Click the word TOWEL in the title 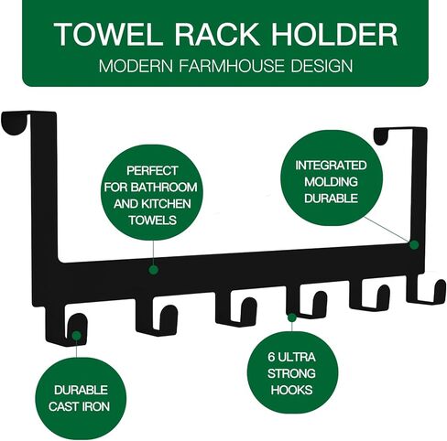click(x=108, y=34)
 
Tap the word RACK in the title click(x=217, y=34)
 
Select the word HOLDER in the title click(x=334, y=34)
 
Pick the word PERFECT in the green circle click(x=152, y=170)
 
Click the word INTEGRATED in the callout click(x=331, y=166)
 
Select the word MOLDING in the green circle click(x=331, y=182)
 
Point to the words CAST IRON click(x=79, y=406)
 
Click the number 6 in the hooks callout click(x=271, y=357)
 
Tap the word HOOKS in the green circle click(x=291, y=390)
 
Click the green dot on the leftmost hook click(x=77, y=336)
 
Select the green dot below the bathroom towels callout click(x=154, y=270)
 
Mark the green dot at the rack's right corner click(x=414, y=244)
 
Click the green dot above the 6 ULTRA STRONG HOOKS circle click(x=291, y=317)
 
